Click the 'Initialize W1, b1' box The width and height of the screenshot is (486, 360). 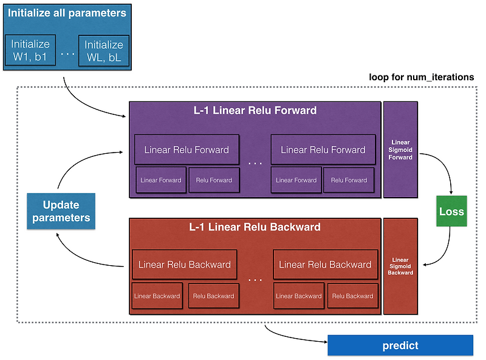[30, 50]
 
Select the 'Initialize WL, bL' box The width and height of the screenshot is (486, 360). [104, 50]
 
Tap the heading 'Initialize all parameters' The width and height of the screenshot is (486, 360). [67, 13]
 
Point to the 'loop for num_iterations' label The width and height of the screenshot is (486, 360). [422, 77]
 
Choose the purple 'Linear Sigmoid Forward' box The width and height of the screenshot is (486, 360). [400, 150]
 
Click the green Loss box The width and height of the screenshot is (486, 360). [451, 212]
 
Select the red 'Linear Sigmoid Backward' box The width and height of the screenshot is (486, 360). [400, 266]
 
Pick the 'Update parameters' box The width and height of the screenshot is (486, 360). [61, 212]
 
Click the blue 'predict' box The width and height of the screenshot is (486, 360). [400, 345]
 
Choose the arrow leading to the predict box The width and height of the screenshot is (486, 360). [292, 337]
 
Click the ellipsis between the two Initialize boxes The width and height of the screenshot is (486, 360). [67, 54]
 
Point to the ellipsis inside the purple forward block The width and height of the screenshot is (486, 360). [255, 163]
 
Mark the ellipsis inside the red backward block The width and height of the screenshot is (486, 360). [255, 279]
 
